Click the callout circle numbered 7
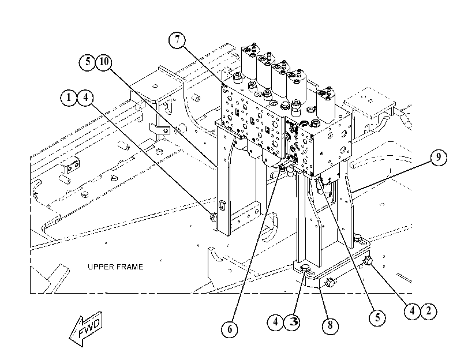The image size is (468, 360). click(177, 40)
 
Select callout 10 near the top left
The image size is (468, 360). click(103, 62)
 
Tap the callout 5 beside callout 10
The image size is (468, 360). click(87, 62)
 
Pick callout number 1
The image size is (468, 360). click(69, 97)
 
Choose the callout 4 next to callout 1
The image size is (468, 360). click(85, 97)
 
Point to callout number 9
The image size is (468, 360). click(439, 157)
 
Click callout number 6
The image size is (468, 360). click(230, 329)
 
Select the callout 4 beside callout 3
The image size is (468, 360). click(275, 322)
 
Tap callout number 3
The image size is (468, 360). click(292, 322)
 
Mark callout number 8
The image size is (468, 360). click(330, 325)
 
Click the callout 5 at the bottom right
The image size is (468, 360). click(377, 317)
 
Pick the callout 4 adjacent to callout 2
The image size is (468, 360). click(412, 311)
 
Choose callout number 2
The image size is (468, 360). click(429, 311)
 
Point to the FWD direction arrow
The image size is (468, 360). click(86, 329)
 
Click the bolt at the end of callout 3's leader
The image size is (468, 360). click(306, 269)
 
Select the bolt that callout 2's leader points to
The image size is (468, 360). click(368, 261)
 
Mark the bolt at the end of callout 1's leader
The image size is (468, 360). click(214, 217)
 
